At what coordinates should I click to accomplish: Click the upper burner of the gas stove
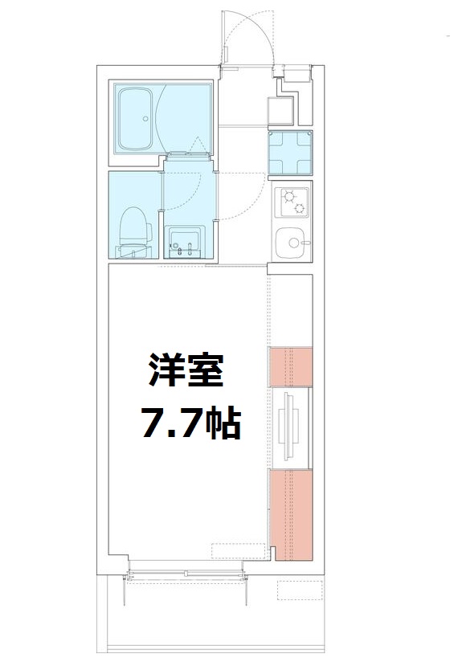[x=289, y=196]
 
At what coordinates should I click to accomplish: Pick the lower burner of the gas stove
[x=299, y=209]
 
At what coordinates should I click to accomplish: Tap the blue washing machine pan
[x=290, y=153]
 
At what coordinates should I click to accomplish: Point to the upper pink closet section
[x=290, y=366]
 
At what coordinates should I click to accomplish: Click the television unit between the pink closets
[x=290, y=426]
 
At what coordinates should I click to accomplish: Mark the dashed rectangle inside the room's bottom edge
[x=237, y=551]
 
